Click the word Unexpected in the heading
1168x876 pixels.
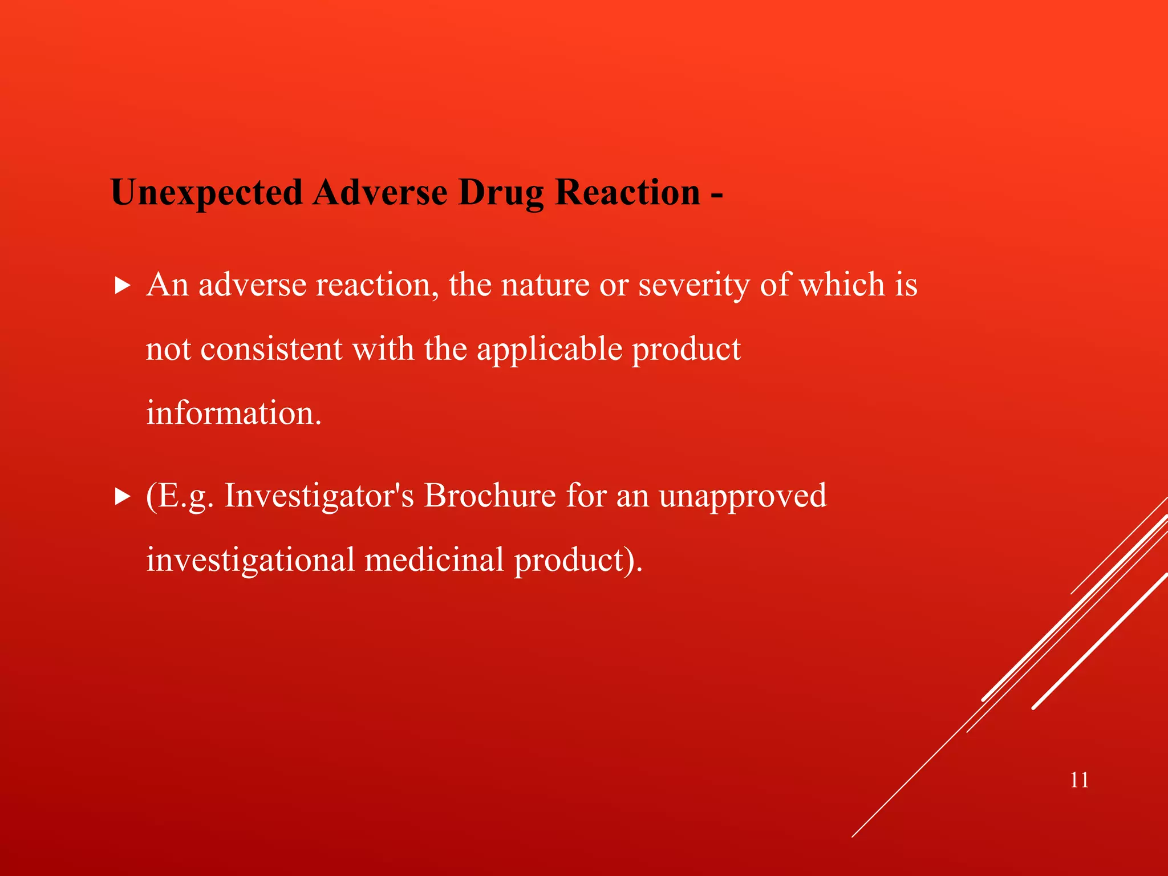(x=206, y=193)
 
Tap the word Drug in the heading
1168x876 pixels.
(x=501, y=193)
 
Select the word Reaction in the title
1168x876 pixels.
(x=627, y=193)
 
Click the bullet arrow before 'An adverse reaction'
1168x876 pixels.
(x=122, y=286)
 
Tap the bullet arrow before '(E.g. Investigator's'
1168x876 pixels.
(x=122, y=497)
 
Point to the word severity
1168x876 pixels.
(x=693, y=285)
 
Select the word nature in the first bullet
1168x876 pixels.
(x=545, y=285)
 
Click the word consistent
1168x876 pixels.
(x=271, y=349)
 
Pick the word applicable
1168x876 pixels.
(x=549, y=349)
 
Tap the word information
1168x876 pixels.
(x=234, y=413)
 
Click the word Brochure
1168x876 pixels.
(x=489, y=495)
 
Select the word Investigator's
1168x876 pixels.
(x=319, y=495)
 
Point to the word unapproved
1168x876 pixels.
(x=743, y=496)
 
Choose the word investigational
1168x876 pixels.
(x=250, y=560)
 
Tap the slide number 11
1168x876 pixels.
(x=1079, y=780)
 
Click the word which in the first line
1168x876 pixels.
(x=841, y=285)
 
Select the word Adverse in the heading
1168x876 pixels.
(x=380, y=193)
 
